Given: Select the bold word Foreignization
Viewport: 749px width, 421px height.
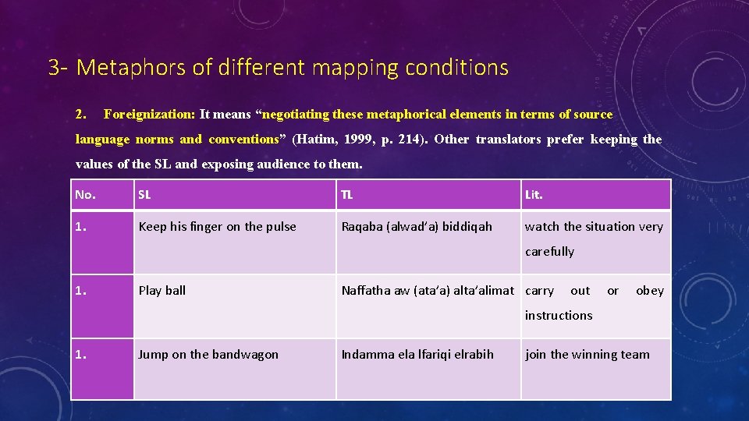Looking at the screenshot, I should pyautogui.click(x=149, y=115).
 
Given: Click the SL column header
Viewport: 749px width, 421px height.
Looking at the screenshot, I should pyautogui.click(x=145, y=195).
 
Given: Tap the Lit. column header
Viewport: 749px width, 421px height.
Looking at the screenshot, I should pyautogui.click(x=534, y=195).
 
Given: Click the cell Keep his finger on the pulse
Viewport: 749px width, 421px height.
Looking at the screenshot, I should pyautogui.click(x=217, y=227).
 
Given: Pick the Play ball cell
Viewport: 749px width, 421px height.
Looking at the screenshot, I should pyautogui.click(x=162, y=291).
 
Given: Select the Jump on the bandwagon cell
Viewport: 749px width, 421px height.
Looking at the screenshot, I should pyautogui.click(x=208, y=355).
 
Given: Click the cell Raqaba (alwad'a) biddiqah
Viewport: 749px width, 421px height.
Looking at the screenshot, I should pyautogui.click(x=417, y=227).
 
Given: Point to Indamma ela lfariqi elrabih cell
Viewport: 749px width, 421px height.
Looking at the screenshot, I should pyautogui.click(x=417, y=355).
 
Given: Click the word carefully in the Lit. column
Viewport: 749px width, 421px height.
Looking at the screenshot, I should pyautogui.click(x=549, y=252).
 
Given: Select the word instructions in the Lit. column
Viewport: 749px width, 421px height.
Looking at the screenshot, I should pyautogui.click(x=558, y=316).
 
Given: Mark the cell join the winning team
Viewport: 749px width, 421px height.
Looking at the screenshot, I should pyautogui.click(x=587, y=355).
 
